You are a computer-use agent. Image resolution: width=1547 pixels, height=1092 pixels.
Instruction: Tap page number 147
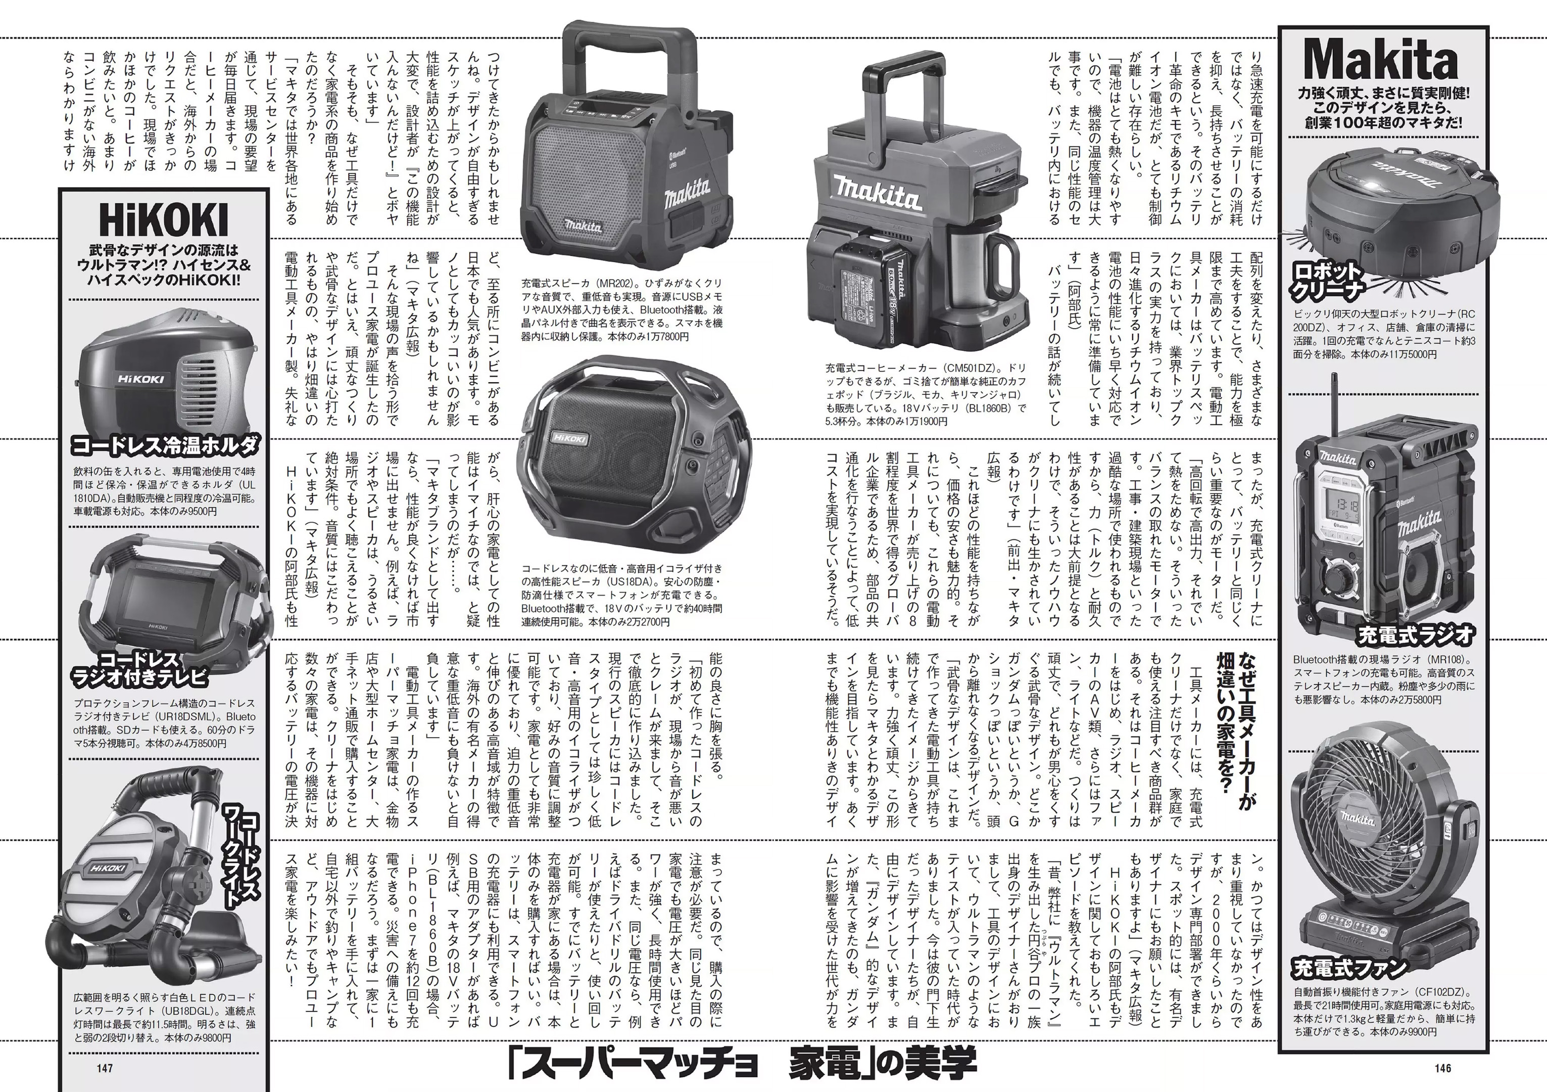tap(105, 1068)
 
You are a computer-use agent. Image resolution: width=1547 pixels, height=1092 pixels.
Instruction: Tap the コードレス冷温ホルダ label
tap(165, 445)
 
